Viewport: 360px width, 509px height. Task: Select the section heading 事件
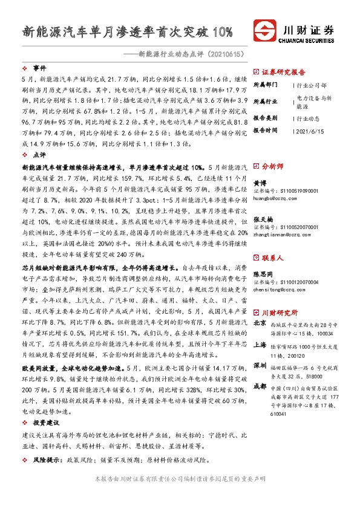click(x=40, y=68)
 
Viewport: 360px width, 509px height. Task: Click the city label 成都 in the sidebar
click(x=259, y=386)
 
